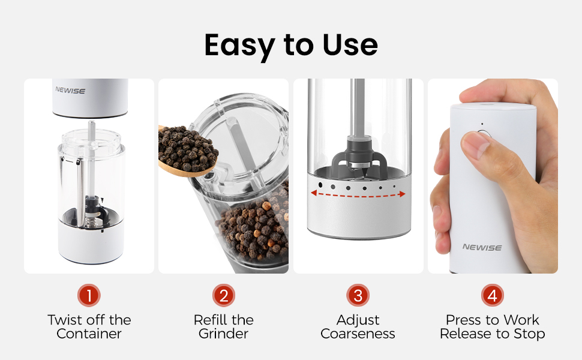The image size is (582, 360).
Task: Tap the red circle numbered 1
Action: (x=89, y=295)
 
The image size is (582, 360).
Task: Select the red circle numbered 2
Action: (x=224, y=295)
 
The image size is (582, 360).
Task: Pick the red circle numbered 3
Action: (x=358, y=295)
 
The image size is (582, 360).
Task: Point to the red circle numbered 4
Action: (x=493, y=295)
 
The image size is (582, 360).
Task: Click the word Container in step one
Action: (x=89, y=334)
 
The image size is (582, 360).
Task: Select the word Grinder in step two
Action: (x=224, y=334)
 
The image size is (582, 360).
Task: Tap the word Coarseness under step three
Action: (x=358, y=334)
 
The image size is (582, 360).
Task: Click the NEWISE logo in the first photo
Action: (x=70, y=91)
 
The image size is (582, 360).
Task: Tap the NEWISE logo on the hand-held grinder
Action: (x=482, y=247)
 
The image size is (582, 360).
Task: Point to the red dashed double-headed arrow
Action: (x=358, y=194)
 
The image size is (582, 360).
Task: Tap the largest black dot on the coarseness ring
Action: (x=320, y=185)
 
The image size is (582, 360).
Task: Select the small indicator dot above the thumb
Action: (x=481, y=125)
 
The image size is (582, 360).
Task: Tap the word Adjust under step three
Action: (x=358, y=320)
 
